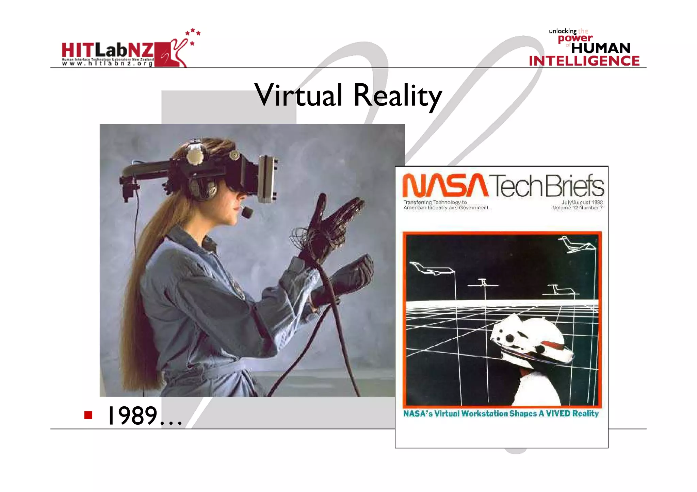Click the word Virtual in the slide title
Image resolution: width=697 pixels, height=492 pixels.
pyautogui.click(x=298, y=95)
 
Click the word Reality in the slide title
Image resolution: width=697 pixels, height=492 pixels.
pyautogui.click(x=398, y=96)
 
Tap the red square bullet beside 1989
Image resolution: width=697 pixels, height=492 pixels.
pyautogui.click(x=88, y=415)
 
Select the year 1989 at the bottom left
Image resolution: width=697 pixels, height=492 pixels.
pyautogui.click(x=132, y=415)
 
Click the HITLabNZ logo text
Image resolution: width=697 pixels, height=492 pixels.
pyautogui.click(x=108, y=50)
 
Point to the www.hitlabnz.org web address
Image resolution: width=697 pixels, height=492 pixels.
pyautogui.click(x=108, y=64)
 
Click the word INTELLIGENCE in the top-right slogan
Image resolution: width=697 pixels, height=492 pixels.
pyautogui.click(x=584, y=61)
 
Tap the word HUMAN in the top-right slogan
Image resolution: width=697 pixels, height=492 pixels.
pyautogui.click(x=601, y=48)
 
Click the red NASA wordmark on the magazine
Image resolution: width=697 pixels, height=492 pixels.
pyautogui.click(x=445, y=185)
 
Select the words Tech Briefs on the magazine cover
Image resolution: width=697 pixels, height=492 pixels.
pyautogui.click(x=547, y=186)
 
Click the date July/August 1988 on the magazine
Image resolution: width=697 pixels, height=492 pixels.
pyautogui.click(x=582, y=202)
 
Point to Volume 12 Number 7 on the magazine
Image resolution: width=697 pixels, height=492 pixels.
pyautogui.click(x=578, y=208)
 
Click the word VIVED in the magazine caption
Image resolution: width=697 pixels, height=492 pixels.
pyautogui.click(x=558, y=413)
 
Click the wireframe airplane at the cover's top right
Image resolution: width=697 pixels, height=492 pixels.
pyautogui.click(x=575, y=244)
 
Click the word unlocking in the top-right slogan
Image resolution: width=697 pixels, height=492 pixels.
pyautogui.click(x=562, y=31)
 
